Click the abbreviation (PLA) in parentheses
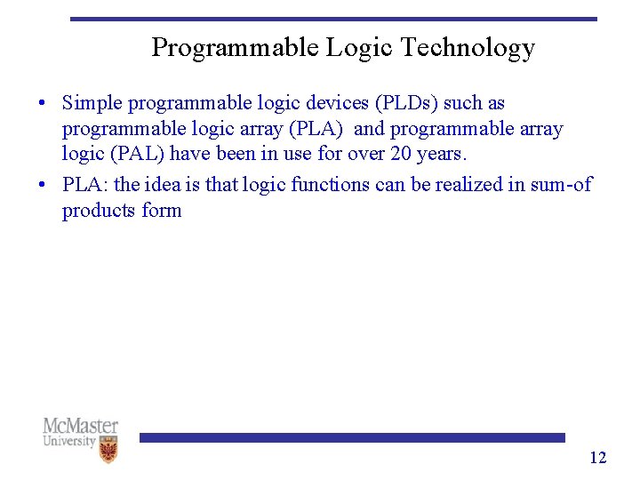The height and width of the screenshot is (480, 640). pos(317,129)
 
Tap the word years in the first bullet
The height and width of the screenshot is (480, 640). pos(441,154)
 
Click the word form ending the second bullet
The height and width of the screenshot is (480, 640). pos(162,211)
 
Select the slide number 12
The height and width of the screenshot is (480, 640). pos(597,458)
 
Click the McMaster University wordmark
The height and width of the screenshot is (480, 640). pos(80,432)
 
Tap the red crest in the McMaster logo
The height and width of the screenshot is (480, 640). pos(108,451)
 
